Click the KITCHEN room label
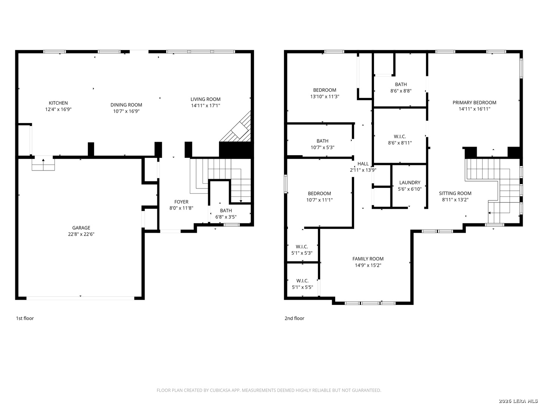coord(58,103)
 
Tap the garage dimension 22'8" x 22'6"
coord(81,234)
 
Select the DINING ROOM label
coord(126,105)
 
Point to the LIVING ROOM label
coord(205,100)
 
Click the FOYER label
coord(181,202)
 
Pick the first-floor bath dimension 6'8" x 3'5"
coord(226,217)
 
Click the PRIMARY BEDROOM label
coord(474,103)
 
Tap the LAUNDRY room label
coord(409,183)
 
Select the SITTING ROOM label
coord(455,193)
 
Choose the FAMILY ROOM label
coord(368,259)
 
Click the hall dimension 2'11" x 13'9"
coord(363,170)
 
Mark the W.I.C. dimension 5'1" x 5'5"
coord(302,287)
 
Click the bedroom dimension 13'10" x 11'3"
coord(325,97)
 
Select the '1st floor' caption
coord(25,318)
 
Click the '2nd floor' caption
coord(294,318)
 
